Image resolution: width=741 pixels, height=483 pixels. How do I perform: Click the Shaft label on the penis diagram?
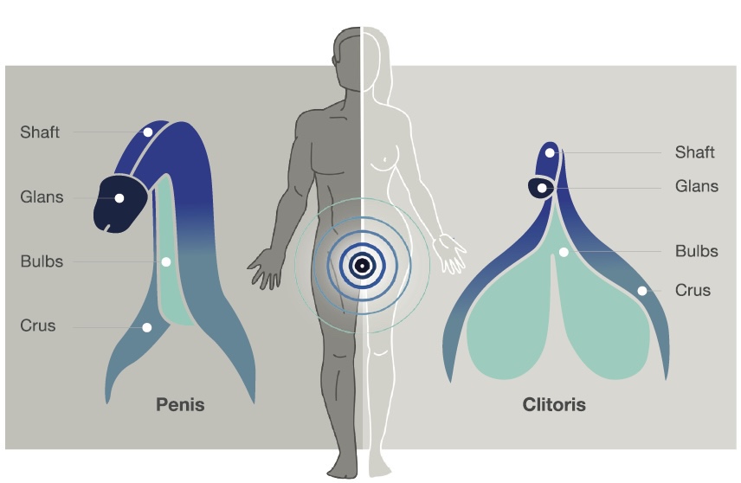coord(40,132)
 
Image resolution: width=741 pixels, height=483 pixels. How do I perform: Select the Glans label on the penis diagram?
coord(42,197)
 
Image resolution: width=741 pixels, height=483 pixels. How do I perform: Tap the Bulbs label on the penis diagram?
coord(42,261)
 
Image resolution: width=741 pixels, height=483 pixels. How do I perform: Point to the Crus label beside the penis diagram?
coord(38,326)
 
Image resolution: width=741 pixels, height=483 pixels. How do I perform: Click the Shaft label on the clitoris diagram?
coord(695,153)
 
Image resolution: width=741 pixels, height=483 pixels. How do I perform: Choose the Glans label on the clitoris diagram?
coord(697,186)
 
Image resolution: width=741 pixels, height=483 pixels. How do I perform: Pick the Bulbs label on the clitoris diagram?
coord(697,252)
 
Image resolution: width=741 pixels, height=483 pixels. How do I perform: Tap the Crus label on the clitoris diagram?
coord(693,291)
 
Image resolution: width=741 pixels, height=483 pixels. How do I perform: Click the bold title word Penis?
coord(180,404)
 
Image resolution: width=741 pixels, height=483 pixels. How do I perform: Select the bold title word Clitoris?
coord(554,404)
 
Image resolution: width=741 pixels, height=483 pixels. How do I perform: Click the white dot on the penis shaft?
coord(148,132)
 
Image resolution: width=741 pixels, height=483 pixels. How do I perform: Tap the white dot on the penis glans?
coord(119,198)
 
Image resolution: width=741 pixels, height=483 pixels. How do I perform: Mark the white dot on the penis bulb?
coord(165,261)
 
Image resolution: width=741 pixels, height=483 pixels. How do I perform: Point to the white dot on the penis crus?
coord(147,327)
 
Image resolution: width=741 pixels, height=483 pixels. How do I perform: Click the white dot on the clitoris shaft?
coord(550,153)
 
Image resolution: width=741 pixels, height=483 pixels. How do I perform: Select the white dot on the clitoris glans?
coord(542,187)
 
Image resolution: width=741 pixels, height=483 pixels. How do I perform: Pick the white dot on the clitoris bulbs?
coord(563,252)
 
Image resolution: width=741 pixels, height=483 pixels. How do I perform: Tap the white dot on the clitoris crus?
coord(642,291)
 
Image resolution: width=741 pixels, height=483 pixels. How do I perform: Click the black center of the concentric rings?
coord(362,266)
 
